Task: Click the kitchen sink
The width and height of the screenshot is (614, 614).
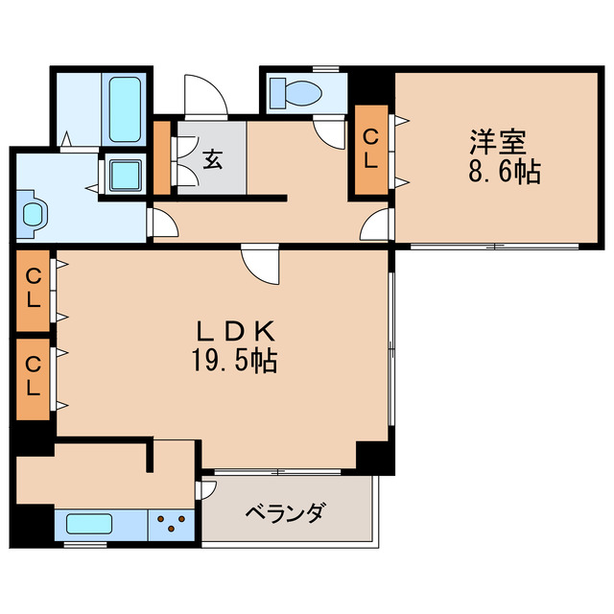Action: click(x=89, y=525)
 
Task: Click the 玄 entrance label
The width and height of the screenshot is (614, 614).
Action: click(x=212, y=158)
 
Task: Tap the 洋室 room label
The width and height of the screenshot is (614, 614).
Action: click(x=497, y=142)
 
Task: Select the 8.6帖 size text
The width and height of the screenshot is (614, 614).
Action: click(x=505, y=173)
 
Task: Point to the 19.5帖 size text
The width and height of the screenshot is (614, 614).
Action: click(x=236, y=363)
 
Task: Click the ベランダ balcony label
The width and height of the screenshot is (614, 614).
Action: click(x=284, y=512)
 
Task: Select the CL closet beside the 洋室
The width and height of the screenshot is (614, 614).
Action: click(x=370, y=149)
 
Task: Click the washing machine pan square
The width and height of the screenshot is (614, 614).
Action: click(x=126, y=175)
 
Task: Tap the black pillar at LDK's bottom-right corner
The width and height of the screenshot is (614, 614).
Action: click(x=374, y=456)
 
